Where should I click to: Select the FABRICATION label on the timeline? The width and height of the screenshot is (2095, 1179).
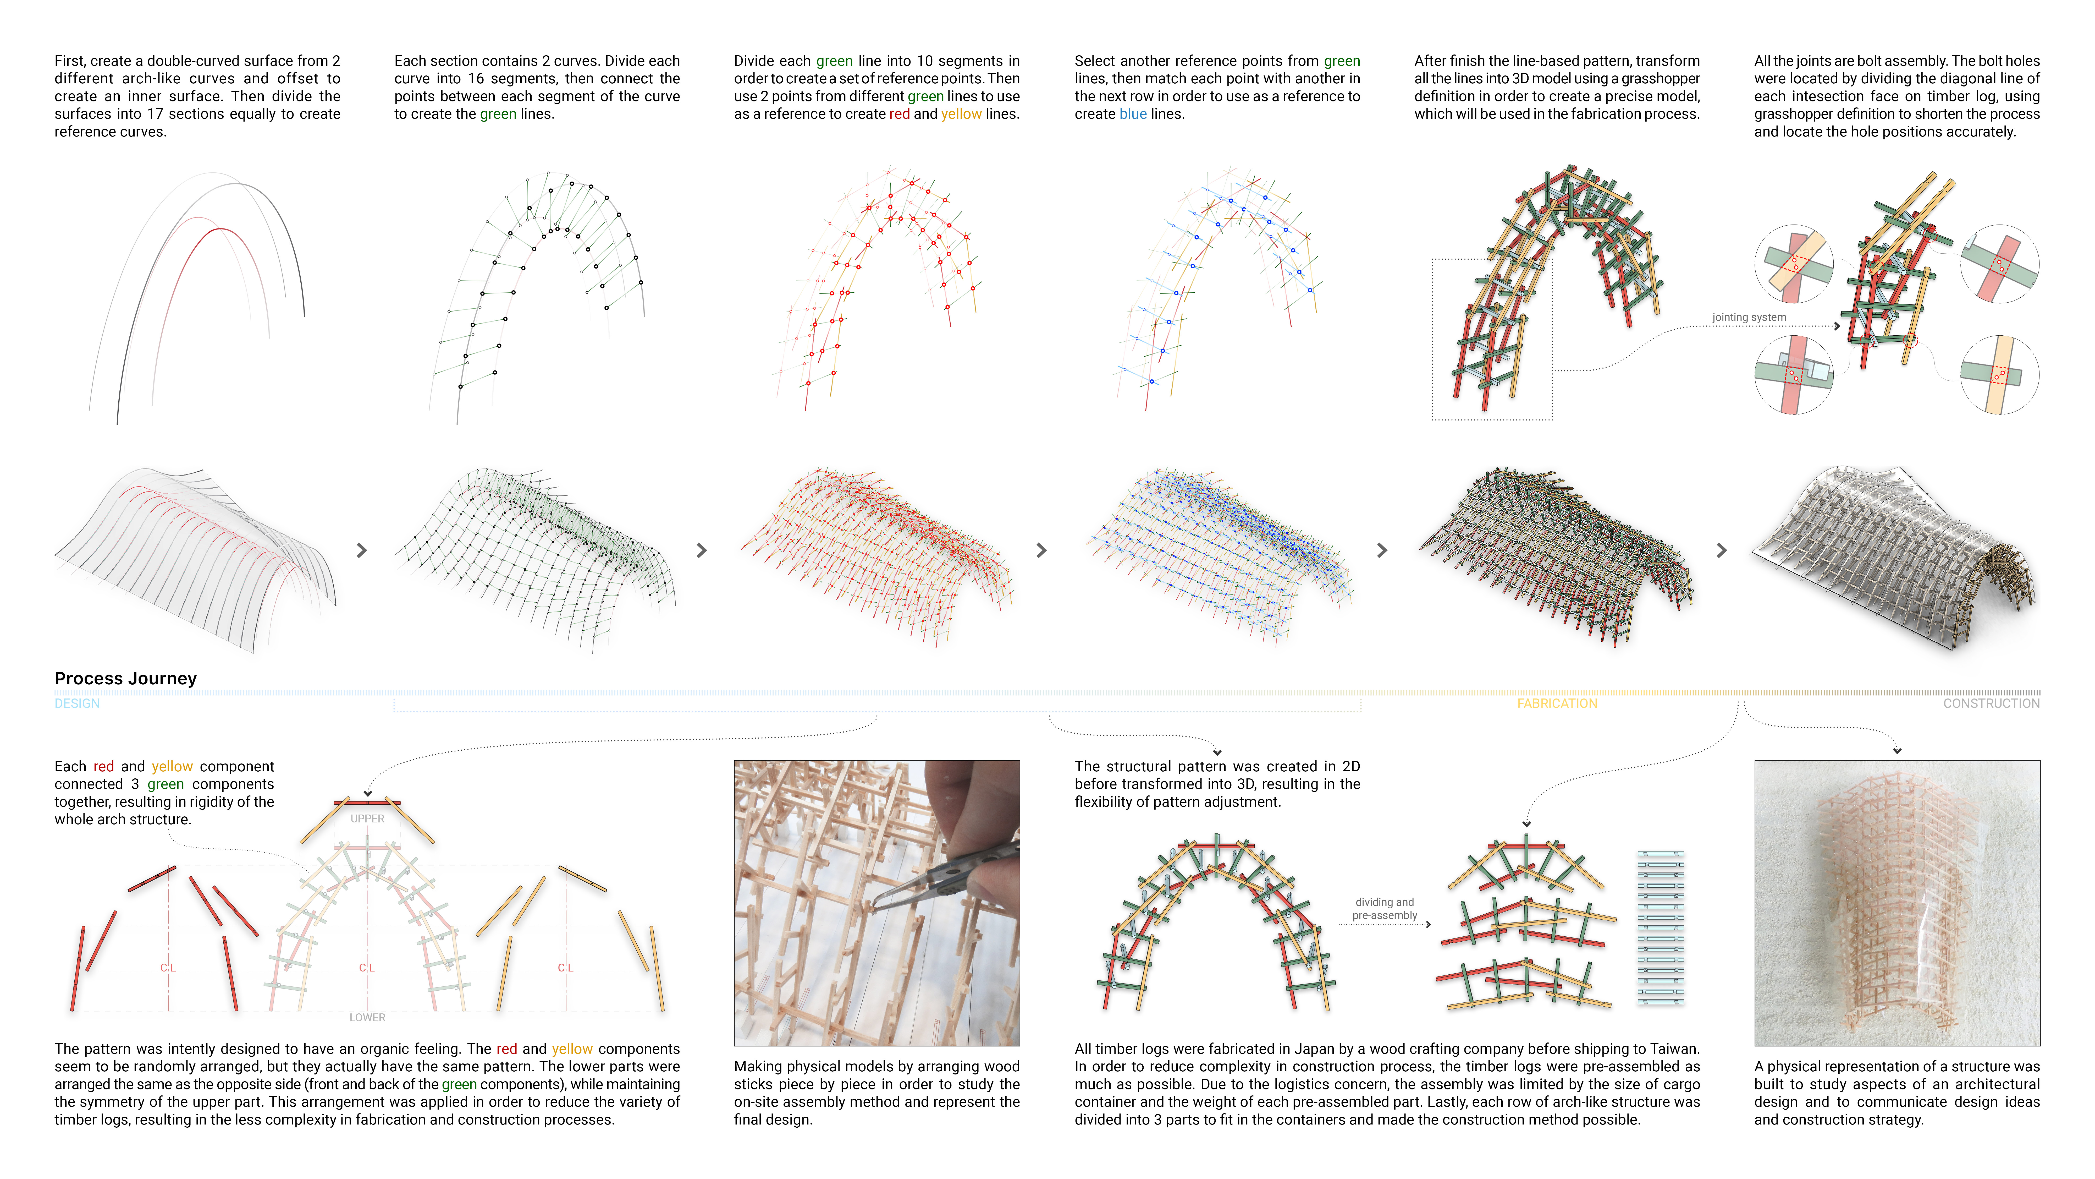pos(1557,703)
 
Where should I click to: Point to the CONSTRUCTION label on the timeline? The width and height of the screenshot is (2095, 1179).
pos(1991,703)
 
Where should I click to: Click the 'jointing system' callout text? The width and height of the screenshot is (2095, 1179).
pos(1749,317)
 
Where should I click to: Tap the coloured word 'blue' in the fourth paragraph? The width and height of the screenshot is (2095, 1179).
pos(1133,114)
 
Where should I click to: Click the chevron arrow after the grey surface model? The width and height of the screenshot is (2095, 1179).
pos(362,551)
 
